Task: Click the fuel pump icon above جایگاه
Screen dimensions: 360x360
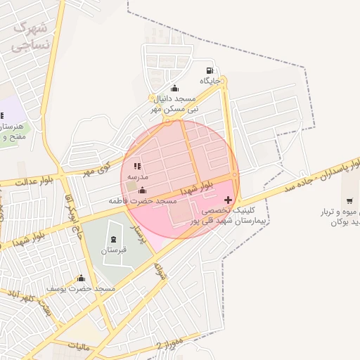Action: click(210, 71)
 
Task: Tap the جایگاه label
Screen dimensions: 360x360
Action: click(210, 82)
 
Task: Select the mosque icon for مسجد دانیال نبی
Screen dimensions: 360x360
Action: click(174, 88)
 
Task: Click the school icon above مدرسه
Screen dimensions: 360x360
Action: click(137, 166)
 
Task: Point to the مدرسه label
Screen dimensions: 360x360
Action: click(137, 176)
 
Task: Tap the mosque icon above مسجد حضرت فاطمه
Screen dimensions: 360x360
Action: click(143, 191)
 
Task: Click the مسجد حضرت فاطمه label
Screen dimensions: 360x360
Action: click(143, 201)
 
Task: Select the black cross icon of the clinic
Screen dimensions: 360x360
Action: click(227, 200)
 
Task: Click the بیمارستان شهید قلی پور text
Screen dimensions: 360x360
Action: click(224, 221)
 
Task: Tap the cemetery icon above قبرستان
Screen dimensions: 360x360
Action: click(114, 239)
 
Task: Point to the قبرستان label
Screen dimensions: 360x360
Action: click(113, 250)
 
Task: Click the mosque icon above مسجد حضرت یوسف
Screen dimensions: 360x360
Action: click(81, 278)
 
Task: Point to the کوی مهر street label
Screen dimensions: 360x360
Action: click(96, 169)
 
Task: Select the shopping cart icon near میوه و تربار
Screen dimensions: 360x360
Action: click(349, 200)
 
